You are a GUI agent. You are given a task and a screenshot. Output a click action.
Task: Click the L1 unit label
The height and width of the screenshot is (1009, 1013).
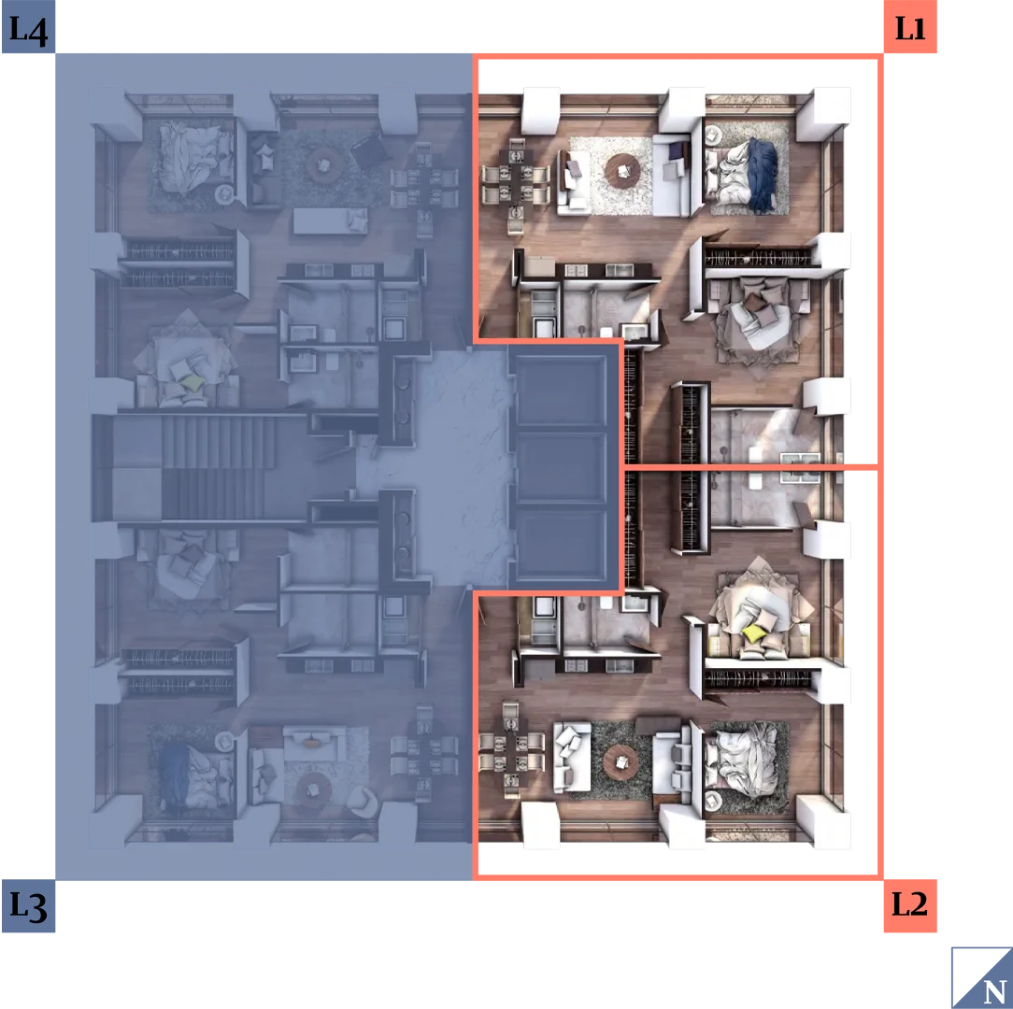pyautogui.click(x=909, y=26)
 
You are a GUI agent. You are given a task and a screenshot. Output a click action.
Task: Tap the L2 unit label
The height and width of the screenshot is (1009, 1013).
pyautogui.click(x=909, y=904)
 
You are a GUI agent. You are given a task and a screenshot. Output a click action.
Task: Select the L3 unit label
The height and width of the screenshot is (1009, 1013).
pyautogui.click(x=28, y=905)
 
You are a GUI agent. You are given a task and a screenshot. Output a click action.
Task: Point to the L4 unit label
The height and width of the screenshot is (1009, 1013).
pyautogui.click(x=28, y=26)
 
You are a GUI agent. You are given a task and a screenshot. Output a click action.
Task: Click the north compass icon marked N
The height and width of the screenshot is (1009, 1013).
pyautogui.click(x=982, y=978)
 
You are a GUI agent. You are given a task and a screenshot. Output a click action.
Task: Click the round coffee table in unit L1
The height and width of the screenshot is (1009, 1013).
pyautogui.click(x=622, y=171)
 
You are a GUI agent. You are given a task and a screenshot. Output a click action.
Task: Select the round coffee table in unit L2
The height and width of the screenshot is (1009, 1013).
pyautogui.click(x=621, y=763)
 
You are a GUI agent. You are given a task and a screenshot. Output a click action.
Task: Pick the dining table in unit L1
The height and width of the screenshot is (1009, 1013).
pyautogui.click(x=516, y=175)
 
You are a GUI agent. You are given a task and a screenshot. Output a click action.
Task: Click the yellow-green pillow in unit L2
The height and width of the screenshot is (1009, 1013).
pyautogui.click(x=753, y=633)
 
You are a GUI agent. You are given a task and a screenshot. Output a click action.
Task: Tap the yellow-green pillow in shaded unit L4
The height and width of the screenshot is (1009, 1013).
pyautogui.click(x=192, y=383)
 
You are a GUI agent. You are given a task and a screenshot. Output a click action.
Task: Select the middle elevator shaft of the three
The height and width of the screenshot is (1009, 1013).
pyautogui.click(x=561, y=466)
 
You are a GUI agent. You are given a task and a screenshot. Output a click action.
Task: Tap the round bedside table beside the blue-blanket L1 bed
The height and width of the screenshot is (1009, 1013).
pyautogui.click(x=713, y=135)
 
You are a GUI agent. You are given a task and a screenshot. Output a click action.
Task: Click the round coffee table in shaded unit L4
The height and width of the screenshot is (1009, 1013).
pyautogui.click(x=323, y=164)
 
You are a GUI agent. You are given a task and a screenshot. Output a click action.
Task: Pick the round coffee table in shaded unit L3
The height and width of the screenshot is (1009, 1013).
pyautogui.click(x=315, y=789)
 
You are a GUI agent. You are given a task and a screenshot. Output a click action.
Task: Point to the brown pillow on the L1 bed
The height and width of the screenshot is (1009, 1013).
pyautogui.click(x=752, y=303)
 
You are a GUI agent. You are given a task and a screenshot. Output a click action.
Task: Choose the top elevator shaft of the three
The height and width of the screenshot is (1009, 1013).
pyautogui.click(x=561, y=390)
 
